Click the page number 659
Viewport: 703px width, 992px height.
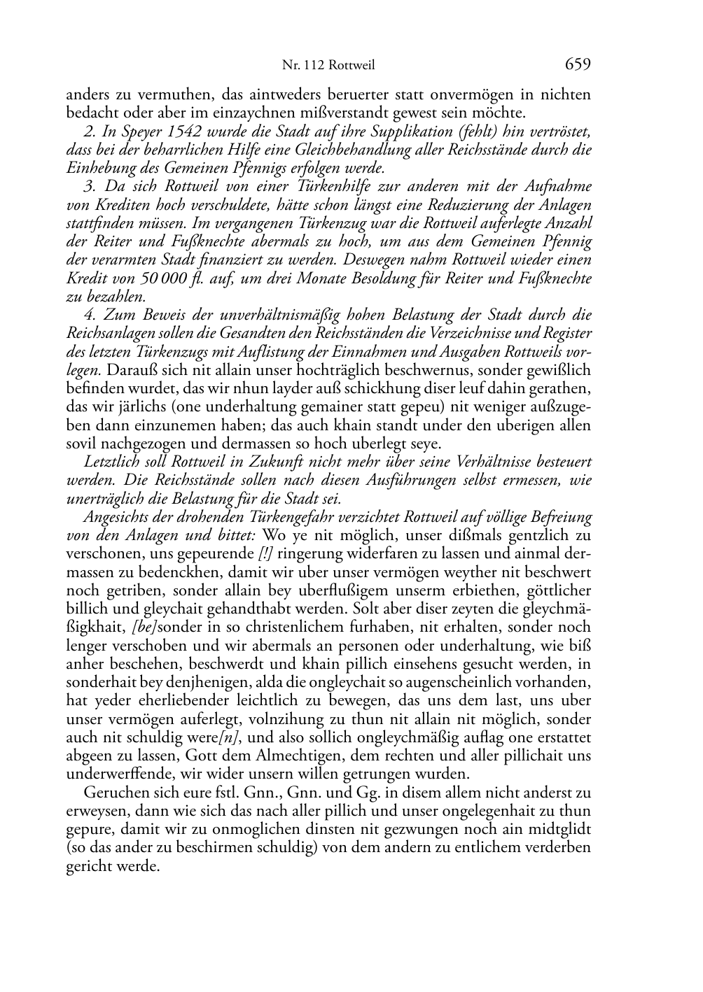[x=577, y=64]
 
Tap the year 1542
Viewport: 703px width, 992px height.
[x=175, y=132]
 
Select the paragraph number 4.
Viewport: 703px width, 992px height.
[x=88, y=315]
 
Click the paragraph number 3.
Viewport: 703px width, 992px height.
[x=88, y=186]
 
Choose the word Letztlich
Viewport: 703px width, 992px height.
[x=111, y=462]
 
